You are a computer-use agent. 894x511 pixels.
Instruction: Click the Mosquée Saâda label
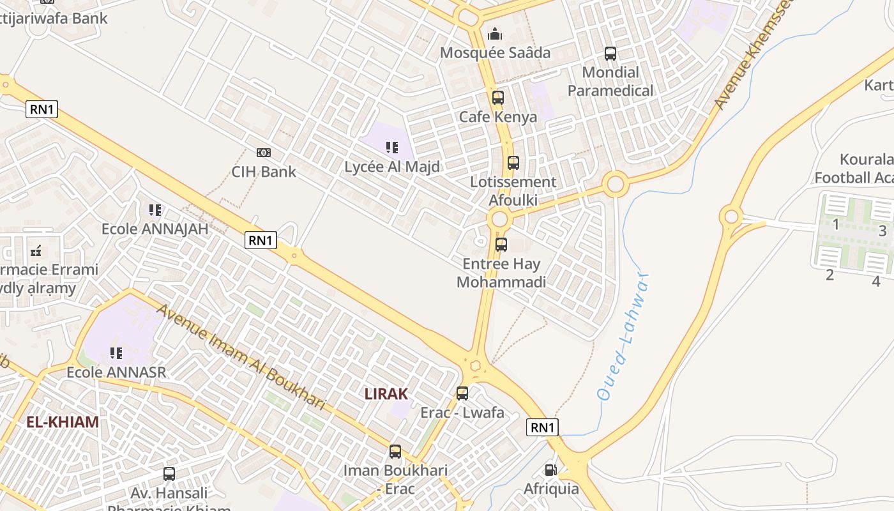pos(495,52)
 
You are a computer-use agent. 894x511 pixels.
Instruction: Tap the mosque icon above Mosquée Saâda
pos(495,34)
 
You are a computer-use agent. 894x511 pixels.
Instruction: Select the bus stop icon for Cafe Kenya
pos(498,98)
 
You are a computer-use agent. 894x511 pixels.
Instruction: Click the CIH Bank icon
pos(263,153)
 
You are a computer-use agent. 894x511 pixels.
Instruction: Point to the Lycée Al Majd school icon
pos(392,148)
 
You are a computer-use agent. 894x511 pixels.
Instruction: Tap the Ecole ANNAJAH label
pos(155,229)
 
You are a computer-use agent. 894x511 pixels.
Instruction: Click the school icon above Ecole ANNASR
pos(116,353)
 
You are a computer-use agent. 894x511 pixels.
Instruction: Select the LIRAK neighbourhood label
pos(386,393)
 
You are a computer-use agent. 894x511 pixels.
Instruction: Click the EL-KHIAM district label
pos(63,422)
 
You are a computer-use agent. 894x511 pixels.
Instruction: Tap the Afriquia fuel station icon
pos(550,471)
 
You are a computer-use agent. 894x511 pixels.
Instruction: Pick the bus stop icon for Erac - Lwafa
pos(462,393)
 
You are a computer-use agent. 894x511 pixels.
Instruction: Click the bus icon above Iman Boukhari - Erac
pos(395,452)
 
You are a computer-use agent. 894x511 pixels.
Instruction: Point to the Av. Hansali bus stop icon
pos(169,474)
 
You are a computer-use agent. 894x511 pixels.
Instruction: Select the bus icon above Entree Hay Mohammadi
pos(501,244)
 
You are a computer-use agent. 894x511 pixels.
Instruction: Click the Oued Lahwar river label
pos(623,337)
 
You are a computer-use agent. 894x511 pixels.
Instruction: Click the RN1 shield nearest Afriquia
pos(542,427)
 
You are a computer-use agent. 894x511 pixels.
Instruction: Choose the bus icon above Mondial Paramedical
pos(610,54)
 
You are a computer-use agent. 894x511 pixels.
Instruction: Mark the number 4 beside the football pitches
pos(876,280)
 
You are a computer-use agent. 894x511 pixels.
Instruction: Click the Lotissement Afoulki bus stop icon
pos(513,163)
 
